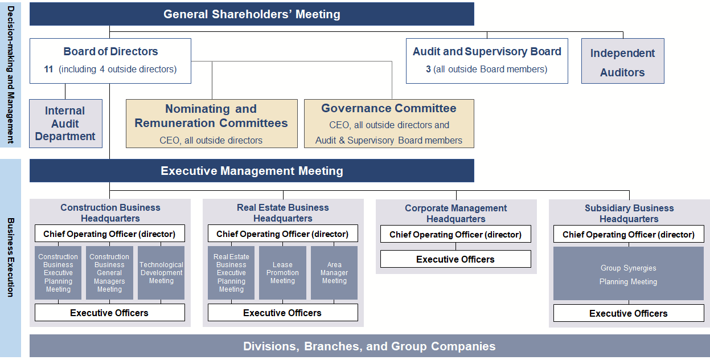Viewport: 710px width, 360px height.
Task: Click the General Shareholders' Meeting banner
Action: (252, 14)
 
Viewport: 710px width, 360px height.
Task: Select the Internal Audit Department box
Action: (65, 124)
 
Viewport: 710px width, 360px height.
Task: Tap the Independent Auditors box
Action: (622, 62)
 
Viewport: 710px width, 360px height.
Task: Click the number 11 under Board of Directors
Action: (49, 69)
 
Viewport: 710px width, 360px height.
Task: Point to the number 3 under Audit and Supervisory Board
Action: (428, 69)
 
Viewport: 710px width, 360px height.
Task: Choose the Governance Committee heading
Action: (389, 108)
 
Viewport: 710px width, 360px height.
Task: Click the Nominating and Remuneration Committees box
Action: (211, 124)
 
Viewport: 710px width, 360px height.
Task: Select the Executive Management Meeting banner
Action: (252, 171)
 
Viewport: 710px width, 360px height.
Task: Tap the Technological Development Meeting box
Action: (161, 273)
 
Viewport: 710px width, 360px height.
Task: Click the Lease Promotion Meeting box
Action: (282, 273)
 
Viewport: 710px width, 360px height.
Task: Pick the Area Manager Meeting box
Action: (334, 273)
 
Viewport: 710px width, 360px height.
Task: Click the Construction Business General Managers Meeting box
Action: (109, 273)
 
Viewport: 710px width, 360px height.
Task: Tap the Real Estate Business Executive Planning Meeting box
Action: (231, 273)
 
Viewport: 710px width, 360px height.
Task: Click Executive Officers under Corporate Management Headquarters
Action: (455, 259)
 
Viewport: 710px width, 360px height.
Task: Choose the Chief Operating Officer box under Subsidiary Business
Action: (628, 234)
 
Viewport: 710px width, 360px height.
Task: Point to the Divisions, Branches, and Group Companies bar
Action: (369, 346)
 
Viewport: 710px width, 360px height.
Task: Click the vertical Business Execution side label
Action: (10, 256)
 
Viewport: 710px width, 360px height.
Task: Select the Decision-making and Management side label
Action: (10, 74)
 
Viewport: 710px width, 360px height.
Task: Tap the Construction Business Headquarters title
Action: (110, 213)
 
